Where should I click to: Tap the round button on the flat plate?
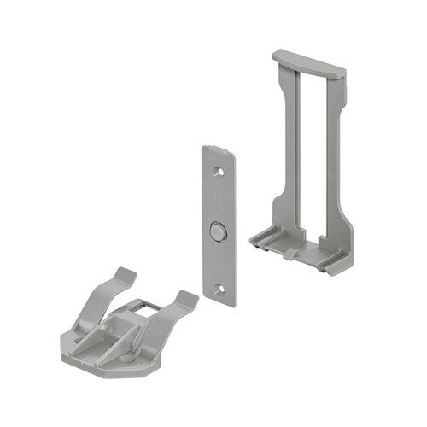219,231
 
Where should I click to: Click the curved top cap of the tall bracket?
309,63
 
